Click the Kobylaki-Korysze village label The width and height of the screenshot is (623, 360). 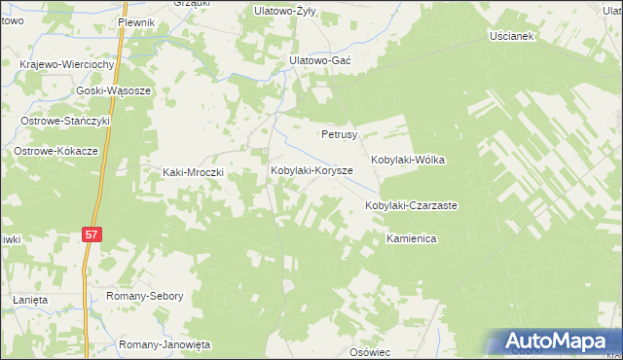coord(311,170)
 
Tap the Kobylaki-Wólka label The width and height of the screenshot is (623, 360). coord(408,160)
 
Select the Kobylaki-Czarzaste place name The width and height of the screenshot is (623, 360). coord(411,206)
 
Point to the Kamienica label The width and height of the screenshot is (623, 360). coord(408,238)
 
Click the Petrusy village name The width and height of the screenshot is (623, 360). coord(340,134)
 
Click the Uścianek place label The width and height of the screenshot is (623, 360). coord(513,36)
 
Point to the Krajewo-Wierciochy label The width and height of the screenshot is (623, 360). coord(68,64)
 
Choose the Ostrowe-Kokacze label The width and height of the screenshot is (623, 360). coord(55,152)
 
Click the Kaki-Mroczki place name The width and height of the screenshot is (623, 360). coord(193,172)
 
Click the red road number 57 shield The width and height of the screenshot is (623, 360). coord(91,234)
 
